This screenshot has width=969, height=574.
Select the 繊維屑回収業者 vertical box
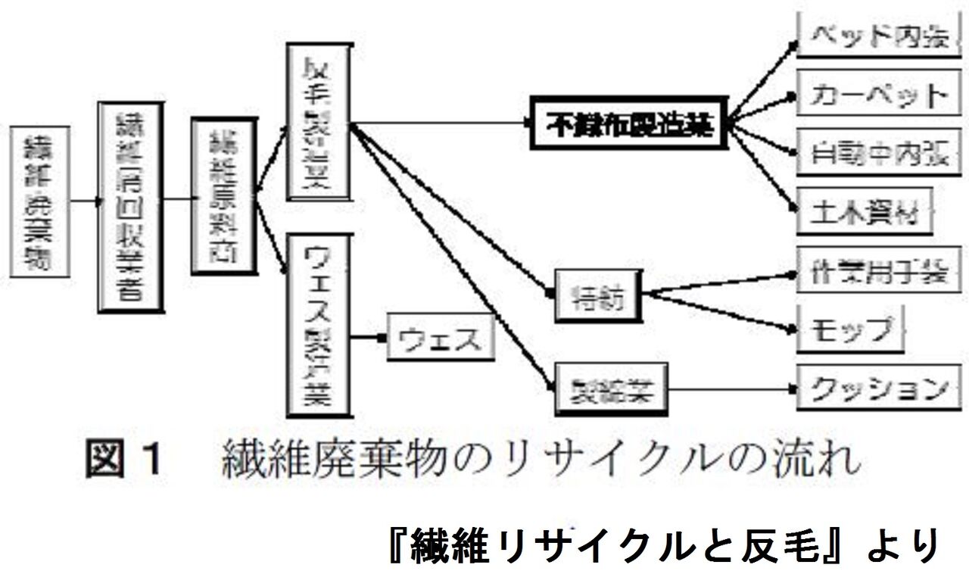tap(131, 207)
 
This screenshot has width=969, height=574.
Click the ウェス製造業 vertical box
tap(319, 325)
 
